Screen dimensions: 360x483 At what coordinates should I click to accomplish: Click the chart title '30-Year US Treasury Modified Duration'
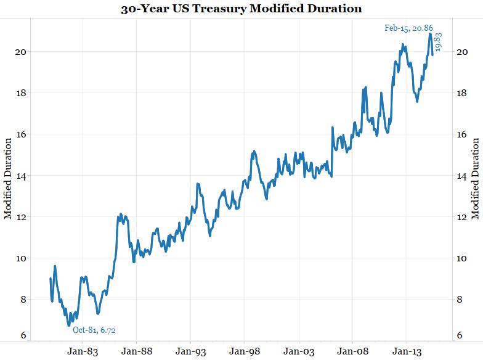tap(241, 9)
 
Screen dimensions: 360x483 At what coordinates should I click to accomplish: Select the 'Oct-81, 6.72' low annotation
tap(94, 330)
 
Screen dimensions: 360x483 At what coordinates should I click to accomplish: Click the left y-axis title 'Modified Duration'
tap(8, 179)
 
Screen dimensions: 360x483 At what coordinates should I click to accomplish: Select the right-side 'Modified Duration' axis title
tap(476, 179)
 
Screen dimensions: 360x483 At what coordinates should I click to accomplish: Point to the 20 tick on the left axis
tap(20, 52)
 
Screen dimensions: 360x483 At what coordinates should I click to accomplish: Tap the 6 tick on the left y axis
tap(23, 336)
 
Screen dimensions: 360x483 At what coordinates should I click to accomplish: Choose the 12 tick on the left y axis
tap(20, 217)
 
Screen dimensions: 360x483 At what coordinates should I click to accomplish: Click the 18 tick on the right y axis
tap(463, 93)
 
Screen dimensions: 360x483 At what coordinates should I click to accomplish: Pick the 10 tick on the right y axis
tap(463, 258)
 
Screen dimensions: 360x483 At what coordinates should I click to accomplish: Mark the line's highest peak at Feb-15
tap(430, 34)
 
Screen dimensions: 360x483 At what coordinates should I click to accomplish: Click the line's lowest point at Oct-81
tap(69, 325)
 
